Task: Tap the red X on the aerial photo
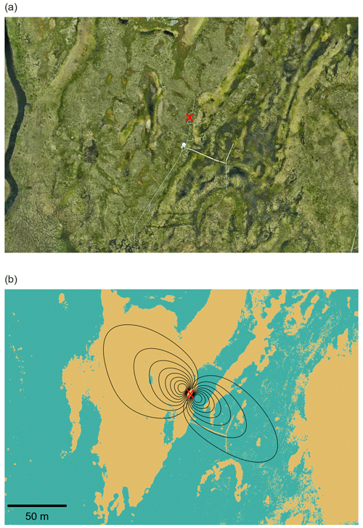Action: (x=189, y=117)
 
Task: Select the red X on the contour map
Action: (x=190, y=393)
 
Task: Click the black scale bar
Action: (x=37, y=505)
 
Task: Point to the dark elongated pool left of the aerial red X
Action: (x=150, y=109)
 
